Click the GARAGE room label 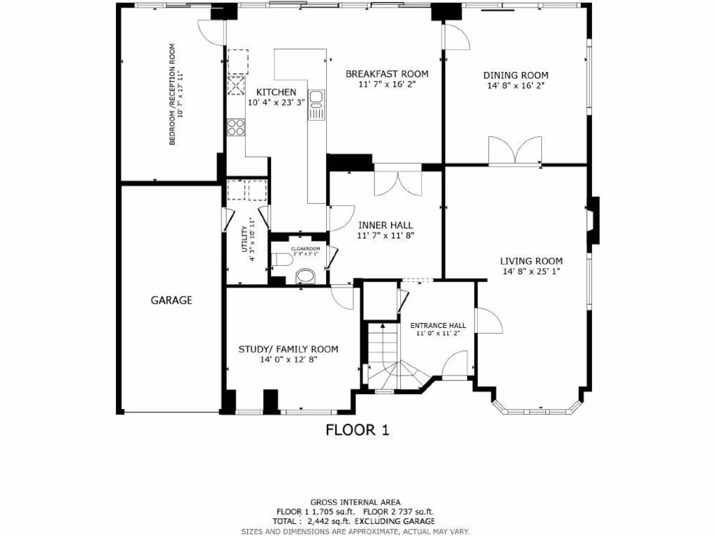point(171,300)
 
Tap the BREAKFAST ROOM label point(386,73)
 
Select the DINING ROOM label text point(515,75)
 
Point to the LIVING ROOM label point(531,261)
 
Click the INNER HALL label point(385,225)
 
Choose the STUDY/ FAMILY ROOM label point(288,349)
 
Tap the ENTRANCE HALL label point(438,325)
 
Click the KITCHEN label point(276,92)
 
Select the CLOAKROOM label point(305,248)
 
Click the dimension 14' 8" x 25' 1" point(531,272)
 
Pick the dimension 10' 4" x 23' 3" point(276,103)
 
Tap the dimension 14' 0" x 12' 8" point(288,360)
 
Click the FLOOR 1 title point(357,430)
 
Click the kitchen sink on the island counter point(316,97)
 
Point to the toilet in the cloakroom point(281,260)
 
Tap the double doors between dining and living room point(515,151)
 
